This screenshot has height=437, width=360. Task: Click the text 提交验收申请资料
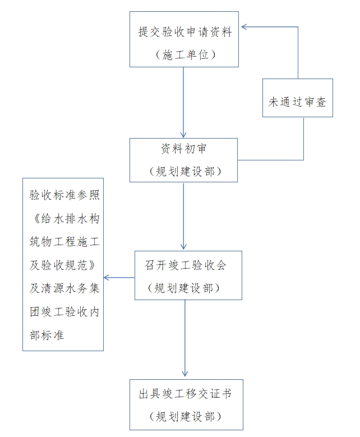point(184,31)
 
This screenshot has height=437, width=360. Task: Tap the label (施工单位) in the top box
point(184,54)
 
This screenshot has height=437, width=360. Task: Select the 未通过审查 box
point(297,102)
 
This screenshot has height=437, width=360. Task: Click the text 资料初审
point(184,149)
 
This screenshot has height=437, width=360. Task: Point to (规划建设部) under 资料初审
point(184,171)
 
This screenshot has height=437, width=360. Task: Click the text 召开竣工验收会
point(188,265)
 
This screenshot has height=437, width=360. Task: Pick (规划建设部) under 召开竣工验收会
point(188,288)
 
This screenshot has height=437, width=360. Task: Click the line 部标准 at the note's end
point(47,335)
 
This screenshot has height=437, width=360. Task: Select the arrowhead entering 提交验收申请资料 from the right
point(244,26)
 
